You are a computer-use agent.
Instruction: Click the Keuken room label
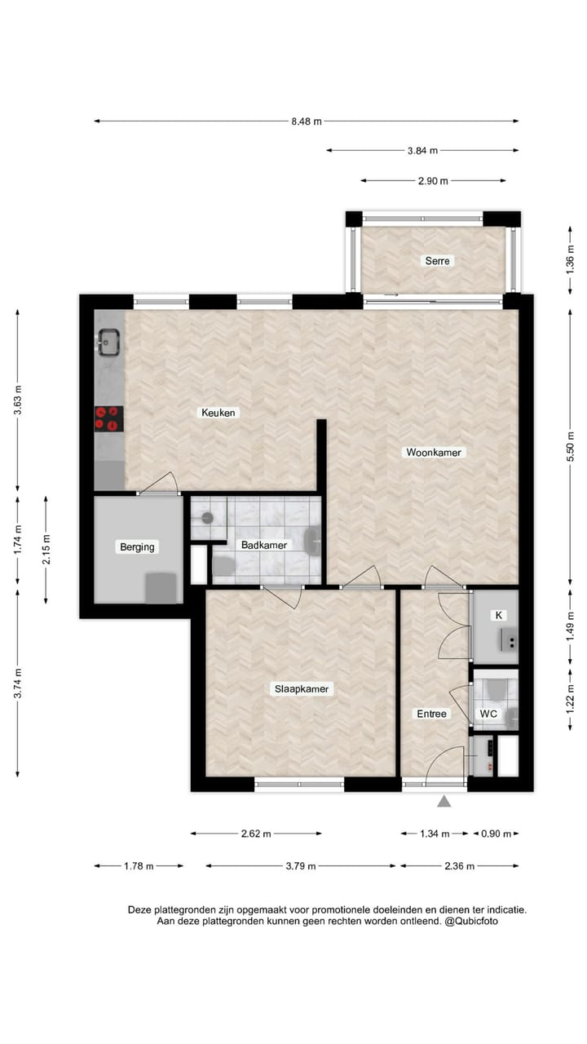tap(218, 413)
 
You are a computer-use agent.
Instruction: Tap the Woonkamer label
tap(435, 452)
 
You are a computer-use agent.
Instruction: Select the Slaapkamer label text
tap(302, 689)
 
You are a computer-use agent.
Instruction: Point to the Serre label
tap(437, 261)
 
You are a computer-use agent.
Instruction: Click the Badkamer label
tap(262, 545)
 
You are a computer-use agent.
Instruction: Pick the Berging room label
tap(137, 546)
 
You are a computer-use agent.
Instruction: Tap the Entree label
tap(432, 714)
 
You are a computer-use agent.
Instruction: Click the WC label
tap(488, 714)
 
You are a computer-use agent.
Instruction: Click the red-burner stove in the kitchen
tap(108, 418)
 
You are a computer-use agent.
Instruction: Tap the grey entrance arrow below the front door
tap(444, 802)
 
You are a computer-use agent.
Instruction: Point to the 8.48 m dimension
tap(307, 122)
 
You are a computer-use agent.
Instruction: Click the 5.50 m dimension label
tap(571, 447)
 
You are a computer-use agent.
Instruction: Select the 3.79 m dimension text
tap(301, 866)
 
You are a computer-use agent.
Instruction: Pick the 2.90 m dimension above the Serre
tap(433, 181)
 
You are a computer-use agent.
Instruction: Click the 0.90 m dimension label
tap(496, 834)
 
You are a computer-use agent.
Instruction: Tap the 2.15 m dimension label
tap(46, 550)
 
